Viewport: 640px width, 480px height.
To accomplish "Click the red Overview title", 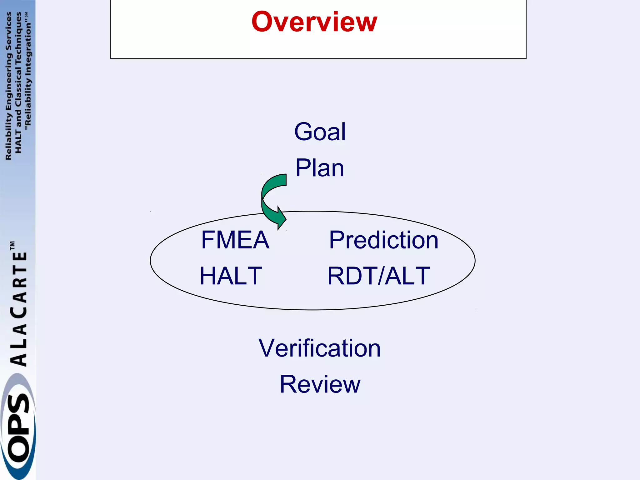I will pos(314,22).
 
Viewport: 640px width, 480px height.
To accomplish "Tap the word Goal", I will pos(320,132).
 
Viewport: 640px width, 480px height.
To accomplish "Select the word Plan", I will pos(320,168).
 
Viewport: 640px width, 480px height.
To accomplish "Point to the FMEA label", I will pos(235,240).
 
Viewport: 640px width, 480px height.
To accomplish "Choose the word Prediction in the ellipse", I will pos(383,240).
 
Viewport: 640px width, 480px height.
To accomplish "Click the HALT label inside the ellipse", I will pos(231,276).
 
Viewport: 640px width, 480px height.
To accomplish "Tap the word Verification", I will pos(319,348).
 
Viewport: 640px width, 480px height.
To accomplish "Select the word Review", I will pos(320,384).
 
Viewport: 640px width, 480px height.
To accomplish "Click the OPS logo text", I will pos(18,428).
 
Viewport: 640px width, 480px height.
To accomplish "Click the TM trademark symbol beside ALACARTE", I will pos(12,245).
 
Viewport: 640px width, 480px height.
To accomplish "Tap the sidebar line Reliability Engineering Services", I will pos(9,86).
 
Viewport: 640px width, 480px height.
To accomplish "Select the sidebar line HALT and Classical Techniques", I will pos(18,83).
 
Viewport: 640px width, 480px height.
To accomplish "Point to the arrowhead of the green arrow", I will pos(281,219).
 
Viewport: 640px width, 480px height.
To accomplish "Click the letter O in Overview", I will pos(262,22).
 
